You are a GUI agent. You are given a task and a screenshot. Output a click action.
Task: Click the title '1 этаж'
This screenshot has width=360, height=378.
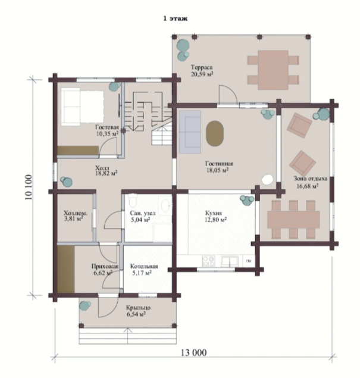coord(175,18)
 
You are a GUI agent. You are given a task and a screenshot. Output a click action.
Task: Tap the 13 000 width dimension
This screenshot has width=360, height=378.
coord(193,352)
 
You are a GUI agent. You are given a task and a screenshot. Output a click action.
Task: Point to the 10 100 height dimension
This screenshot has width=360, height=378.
coord(29,187)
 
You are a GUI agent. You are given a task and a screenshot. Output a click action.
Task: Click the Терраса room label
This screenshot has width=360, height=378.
coord(202,67)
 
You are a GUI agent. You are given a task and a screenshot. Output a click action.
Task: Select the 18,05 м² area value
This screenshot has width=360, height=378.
coord(217,170)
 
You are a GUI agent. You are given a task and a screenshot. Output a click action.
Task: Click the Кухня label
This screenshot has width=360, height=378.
coord(214,213)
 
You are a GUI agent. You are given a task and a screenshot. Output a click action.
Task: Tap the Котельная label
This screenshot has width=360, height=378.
coord(144,266)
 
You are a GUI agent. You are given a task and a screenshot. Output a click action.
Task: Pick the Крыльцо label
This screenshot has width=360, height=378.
coord(138,308)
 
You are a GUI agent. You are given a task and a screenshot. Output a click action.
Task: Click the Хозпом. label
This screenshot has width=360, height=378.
coord(76,213)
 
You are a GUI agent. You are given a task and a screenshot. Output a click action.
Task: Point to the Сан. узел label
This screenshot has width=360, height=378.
coord(143,213)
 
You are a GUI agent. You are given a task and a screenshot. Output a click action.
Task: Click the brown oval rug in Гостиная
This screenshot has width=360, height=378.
coord(215,133)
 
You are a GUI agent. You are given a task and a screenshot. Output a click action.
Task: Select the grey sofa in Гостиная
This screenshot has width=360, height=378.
coord(190,132)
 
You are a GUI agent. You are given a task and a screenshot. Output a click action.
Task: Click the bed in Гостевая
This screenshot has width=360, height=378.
coord(82,107)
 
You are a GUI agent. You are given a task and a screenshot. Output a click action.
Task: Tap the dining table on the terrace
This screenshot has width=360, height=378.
coord(273,70)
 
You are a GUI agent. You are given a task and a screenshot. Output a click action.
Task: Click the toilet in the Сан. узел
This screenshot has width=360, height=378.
coord(133,201)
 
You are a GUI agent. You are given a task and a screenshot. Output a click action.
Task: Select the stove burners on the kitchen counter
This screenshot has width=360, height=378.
coord(209,261)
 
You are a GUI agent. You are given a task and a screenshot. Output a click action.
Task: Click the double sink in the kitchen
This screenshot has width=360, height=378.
coord(230,261)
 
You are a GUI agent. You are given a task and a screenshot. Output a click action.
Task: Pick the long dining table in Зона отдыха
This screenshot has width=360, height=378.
coord(293,220)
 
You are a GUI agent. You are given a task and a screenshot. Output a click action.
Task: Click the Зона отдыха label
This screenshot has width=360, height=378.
coord(311,179)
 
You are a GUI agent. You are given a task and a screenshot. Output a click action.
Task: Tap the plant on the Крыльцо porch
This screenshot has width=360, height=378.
coord(85,306)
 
